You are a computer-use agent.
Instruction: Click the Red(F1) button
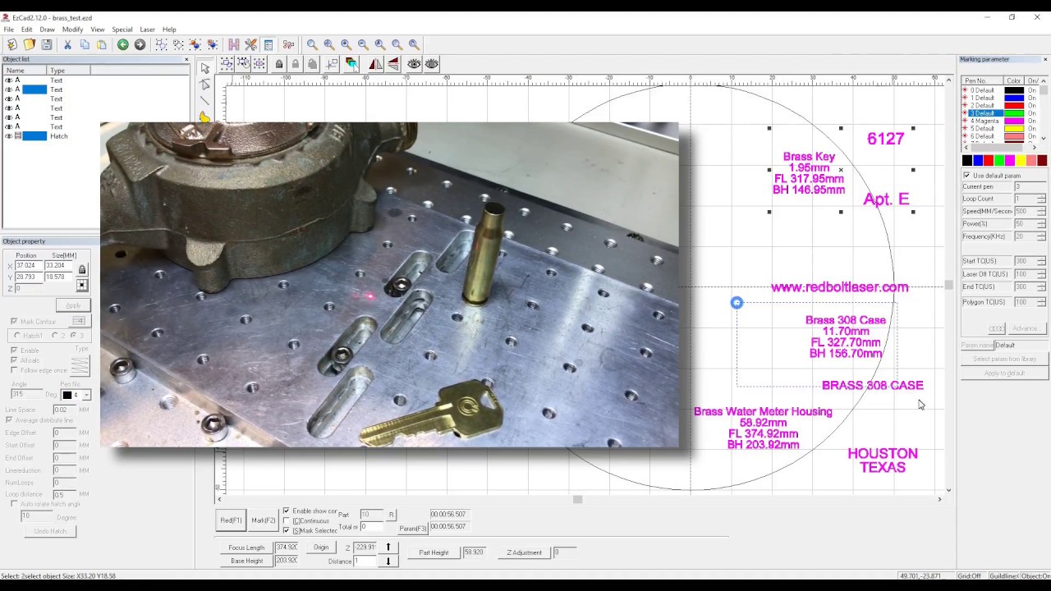(231, 520)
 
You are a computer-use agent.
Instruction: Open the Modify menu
(72, 30)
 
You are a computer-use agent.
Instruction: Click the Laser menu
(147, 30)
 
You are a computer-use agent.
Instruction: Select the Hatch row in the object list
(58, 136)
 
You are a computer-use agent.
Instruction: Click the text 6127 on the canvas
(885, 139)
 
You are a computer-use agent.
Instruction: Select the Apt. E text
(886, 199)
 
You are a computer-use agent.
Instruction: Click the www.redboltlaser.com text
(839, 287)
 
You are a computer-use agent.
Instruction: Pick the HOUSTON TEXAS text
(883, 460)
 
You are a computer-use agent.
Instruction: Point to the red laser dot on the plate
(369, 295)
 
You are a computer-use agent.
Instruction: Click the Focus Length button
(246, 547)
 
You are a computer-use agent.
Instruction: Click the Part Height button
(434, 552)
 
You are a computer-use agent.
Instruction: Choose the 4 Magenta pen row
(985, 121)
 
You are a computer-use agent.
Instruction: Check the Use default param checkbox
(966, 176)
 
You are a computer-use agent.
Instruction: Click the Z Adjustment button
(524, 552)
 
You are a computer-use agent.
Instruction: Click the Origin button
(320, 547)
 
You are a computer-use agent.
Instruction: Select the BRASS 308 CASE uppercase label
(872, 385)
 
